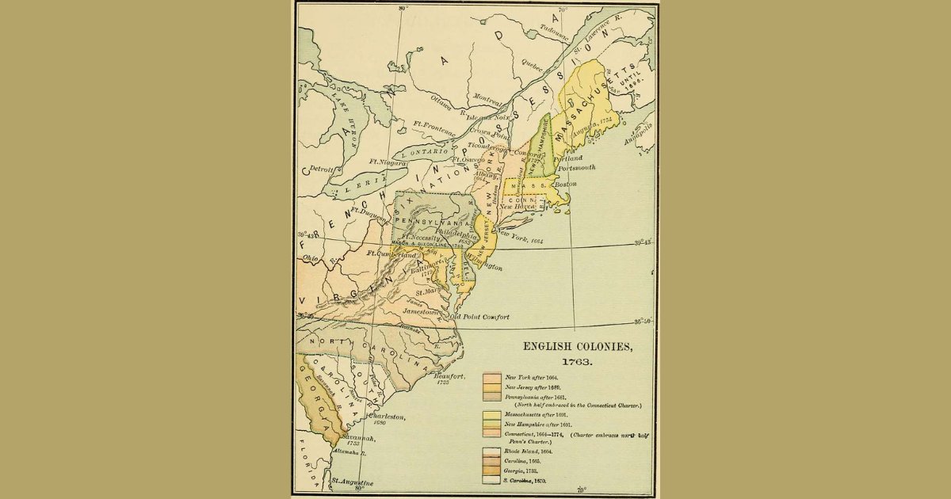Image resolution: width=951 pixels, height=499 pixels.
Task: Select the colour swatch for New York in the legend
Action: (x=491, y=378)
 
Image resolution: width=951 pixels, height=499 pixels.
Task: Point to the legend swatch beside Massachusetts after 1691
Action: (x=491, y=415)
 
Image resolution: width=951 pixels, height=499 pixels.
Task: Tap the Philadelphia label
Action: (x=455, y=235)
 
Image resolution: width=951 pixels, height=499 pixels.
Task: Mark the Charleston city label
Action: (x=386, y=417)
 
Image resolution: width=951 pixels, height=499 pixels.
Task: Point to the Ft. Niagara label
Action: (x=387, y=162)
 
